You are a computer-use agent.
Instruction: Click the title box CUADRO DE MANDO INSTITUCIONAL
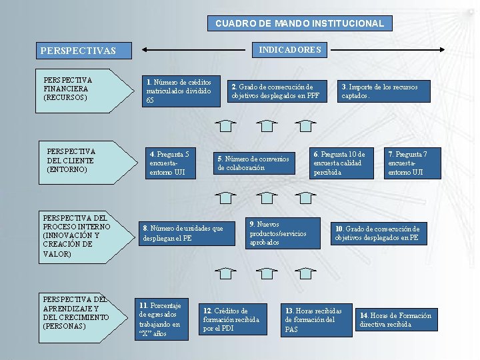click(299, 23)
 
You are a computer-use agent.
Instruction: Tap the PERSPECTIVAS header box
click(84, 51)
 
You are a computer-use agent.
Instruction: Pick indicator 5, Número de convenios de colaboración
click(254, 163)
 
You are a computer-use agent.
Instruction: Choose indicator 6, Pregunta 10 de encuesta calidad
click(344, 163)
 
